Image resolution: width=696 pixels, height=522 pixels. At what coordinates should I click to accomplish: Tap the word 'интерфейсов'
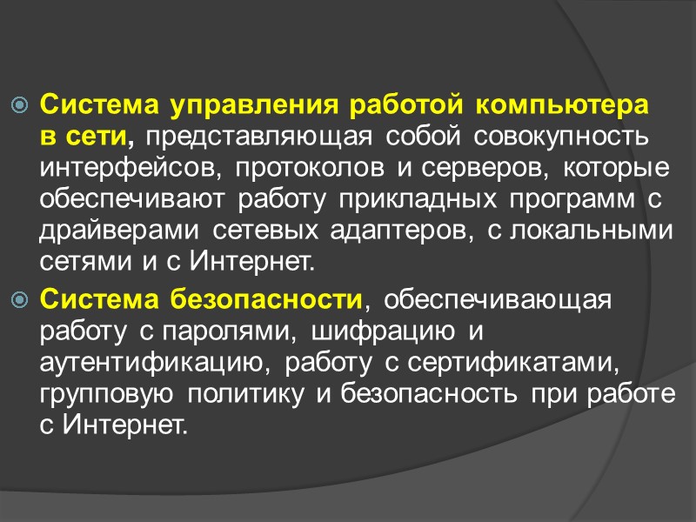point(106,167)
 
